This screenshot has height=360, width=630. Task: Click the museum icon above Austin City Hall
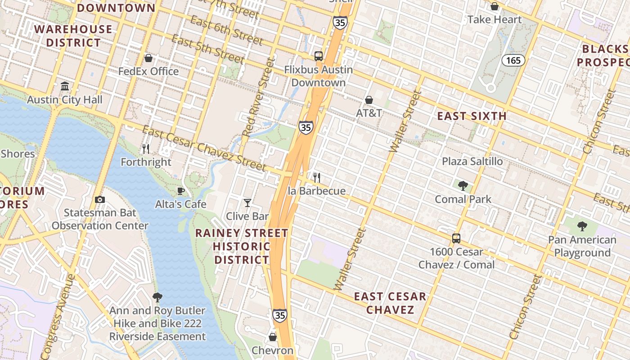tap(65, 86)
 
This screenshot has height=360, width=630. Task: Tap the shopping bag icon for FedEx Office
tap(148, 58)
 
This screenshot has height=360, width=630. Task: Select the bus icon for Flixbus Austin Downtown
tap(319, 56)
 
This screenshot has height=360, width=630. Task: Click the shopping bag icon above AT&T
tap(369, 99)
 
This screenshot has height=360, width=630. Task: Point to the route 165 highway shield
tap(513, 60)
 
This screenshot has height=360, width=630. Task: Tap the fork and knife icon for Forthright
tap(146, 148)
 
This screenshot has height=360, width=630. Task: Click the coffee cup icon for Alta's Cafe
tap(181, 191)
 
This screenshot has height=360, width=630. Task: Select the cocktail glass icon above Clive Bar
tap(247, 203)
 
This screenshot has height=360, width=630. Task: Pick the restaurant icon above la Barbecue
tap(317, 177)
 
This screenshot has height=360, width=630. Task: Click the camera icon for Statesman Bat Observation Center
tap(100, 199)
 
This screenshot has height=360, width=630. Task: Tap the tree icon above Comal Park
tap(463, 185)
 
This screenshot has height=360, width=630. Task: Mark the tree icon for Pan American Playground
tap(582, 226)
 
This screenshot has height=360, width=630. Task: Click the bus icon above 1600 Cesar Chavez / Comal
tap(456, 238)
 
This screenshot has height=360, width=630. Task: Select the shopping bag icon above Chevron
tap(273, 337)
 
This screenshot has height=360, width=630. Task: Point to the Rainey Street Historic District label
tap(242, 246)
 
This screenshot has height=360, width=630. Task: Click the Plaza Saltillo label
tap(472, 161)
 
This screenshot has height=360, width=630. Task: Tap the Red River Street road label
tap(258, 98)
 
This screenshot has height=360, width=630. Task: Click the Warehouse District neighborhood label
tap(73, 36)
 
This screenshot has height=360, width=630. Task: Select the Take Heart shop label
tap(494, 19)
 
